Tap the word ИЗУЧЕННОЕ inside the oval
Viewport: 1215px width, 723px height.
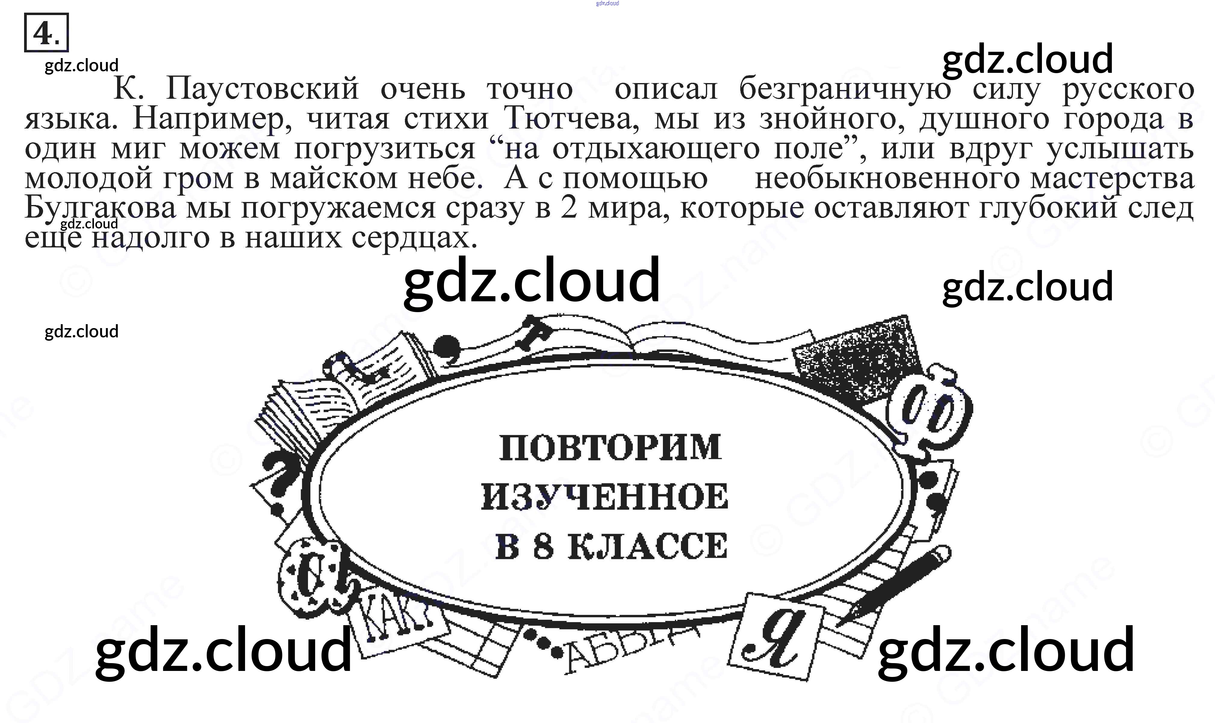pyautogui.click(x=604, y=497)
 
